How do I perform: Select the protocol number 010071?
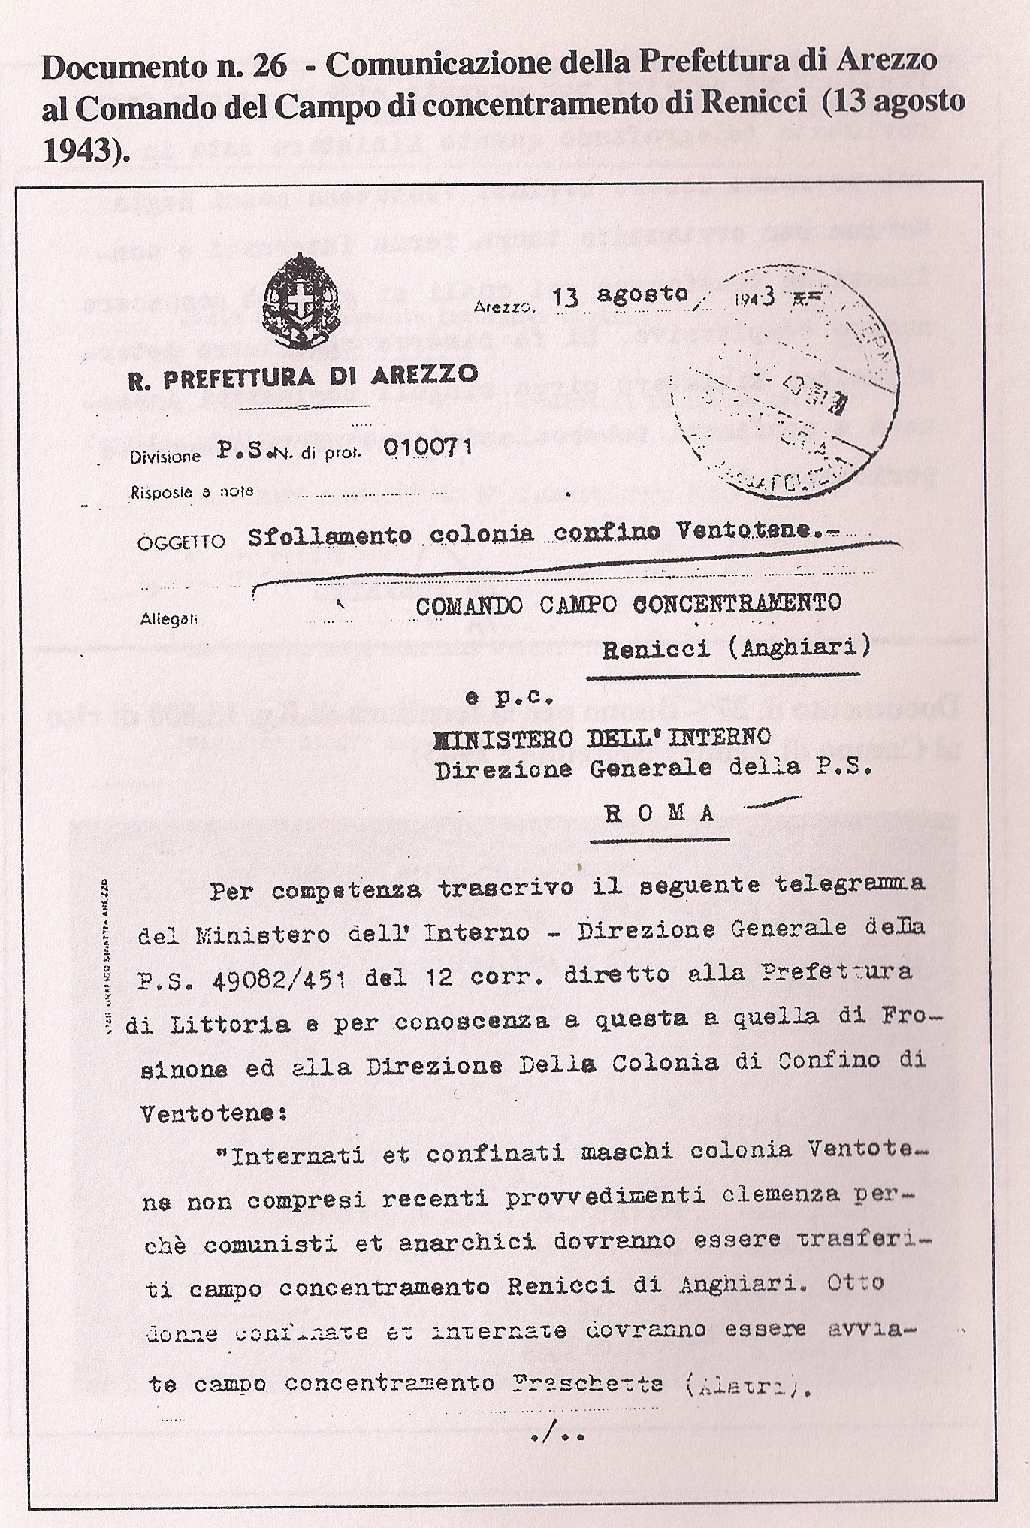(427, 448)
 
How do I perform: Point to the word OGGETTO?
(181, 542)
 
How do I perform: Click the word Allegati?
(169, 620)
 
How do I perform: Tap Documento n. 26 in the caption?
(165, 67)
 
